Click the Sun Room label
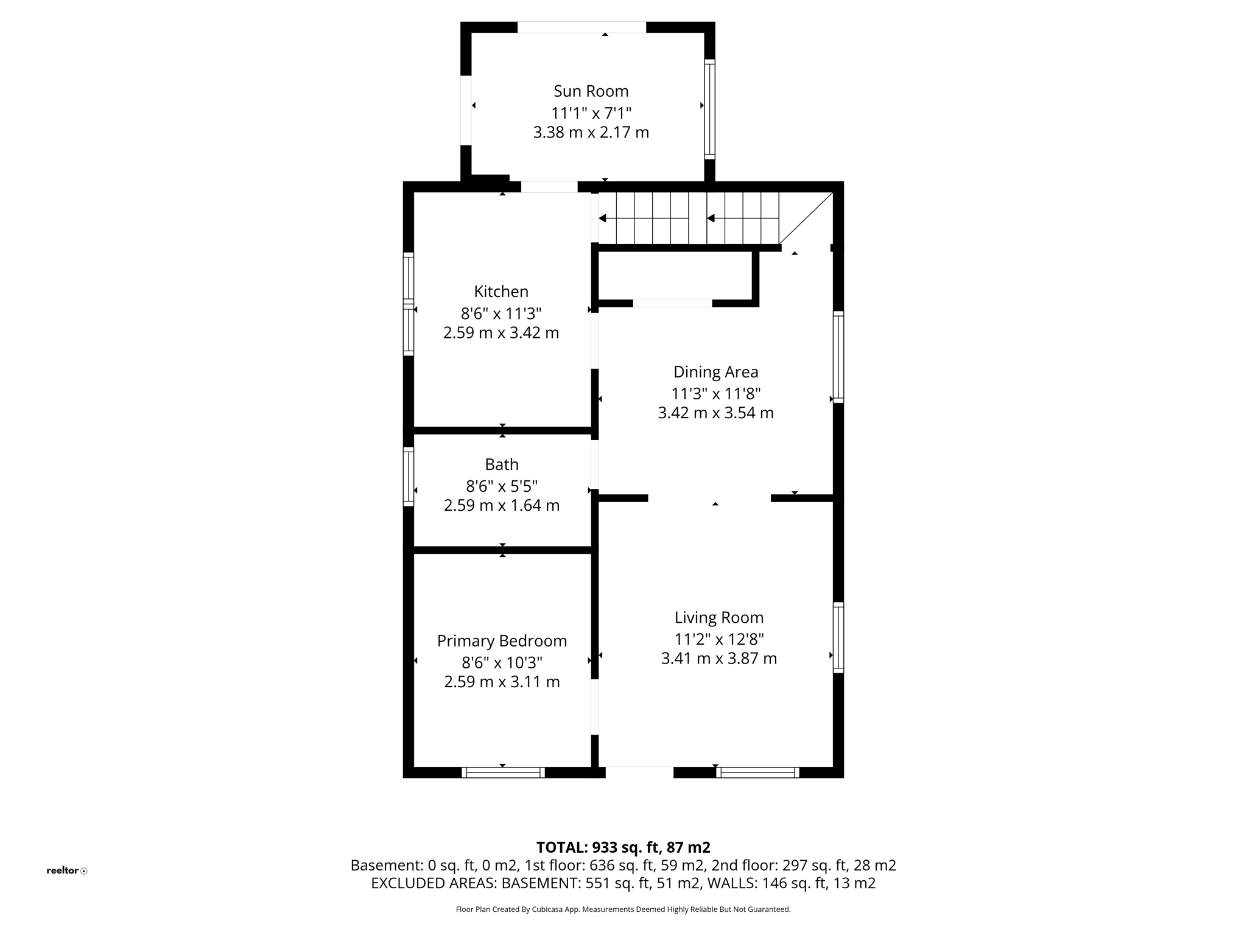tap(591, 91)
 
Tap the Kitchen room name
tap(501, 292)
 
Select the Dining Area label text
tap(715, 372)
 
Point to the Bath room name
tap(502, 464)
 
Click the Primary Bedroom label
tap(502, 641)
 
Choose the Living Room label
tap(718, 618)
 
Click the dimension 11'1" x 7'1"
tap(591, 113)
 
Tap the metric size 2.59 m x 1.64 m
tap(502, 505)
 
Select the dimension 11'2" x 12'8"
tap(718, 639)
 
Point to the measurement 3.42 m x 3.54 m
tap(715, 413)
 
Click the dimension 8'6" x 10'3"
tap(502, 662)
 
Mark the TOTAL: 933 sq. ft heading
tap(623, 847)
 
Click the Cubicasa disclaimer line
tap(623, 909)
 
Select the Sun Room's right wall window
tap(709, 110)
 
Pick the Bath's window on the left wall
tap(408, 477)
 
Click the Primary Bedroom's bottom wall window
tap(503, 772)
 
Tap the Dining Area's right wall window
tap(838, 357)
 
